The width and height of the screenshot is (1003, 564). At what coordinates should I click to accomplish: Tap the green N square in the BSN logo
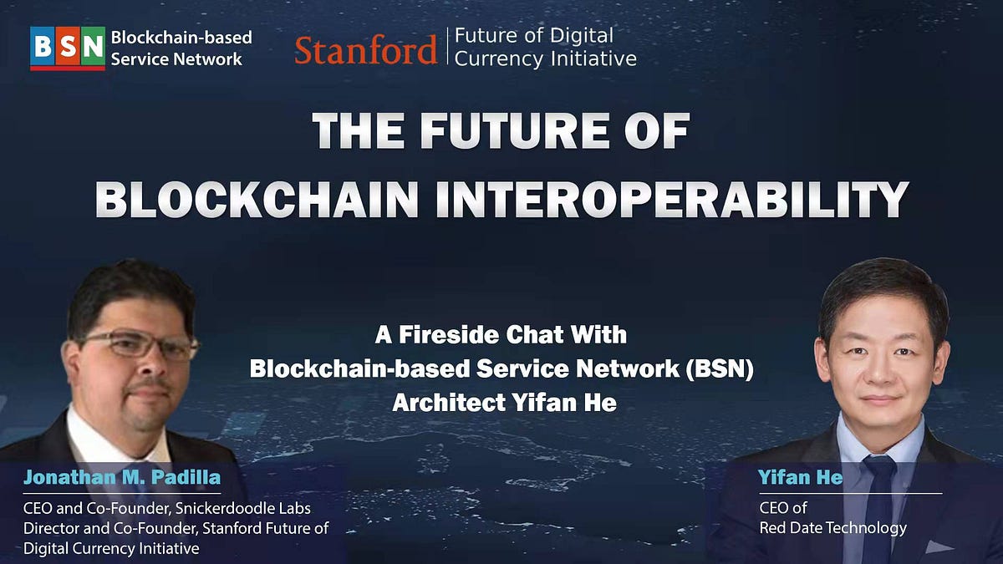coord(93,46)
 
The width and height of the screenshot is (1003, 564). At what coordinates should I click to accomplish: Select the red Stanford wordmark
coord(365,50)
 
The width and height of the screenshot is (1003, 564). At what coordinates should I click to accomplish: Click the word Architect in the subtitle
coord(444,403)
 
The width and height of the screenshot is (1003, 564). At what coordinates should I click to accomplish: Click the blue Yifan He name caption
coord(789,478)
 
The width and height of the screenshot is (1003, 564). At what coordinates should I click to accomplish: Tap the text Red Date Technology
coord(832,527)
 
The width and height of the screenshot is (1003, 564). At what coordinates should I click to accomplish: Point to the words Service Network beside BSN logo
coord(176,59)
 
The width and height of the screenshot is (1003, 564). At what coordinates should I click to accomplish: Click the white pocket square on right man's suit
coord(939,548)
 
